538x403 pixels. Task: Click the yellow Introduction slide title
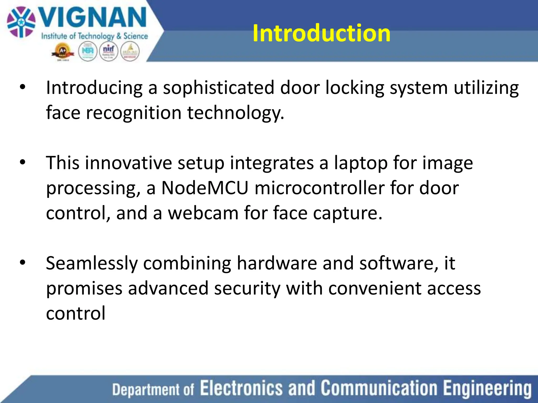pos(321,33)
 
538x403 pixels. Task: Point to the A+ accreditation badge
pos(63,52)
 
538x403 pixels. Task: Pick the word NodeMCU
pos(205,188)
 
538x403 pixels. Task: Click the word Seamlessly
pos(92,263)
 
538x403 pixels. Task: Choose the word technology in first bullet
pos(235,113)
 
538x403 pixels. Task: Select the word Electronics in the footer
pos(241,388)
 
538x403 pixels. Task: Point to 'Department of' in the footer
pos(153,389)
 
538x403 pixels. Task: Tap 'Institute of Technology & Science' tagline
pos(95,36)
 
